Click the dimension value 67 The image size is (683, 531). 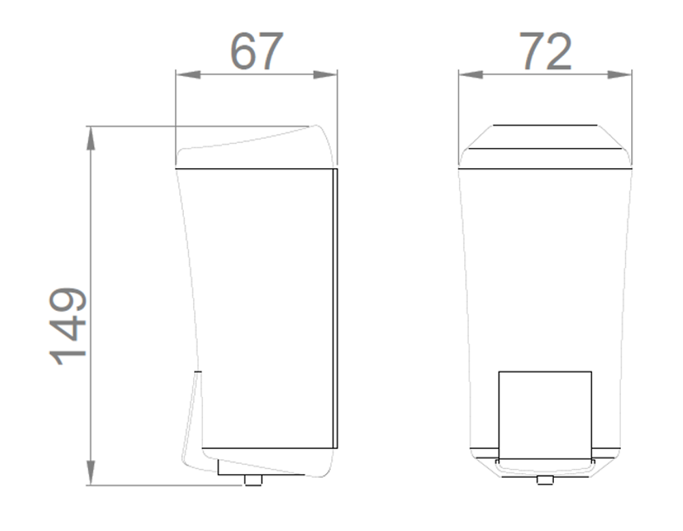click(x=257, y=51)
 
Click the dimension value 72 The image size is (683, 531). click(x=545, y=51)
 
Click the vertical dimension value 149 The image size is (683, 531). click(x=68, y=326)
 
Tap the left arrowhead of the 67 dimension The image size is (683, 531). click(x=189, y=74)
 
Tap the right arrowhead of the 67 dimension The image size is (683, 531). click(x=325, y=74)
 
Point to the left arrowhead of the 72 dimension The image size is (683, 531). click(x=471, y=74)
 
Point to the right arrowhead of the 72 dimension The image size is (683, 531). click(x=619, y=74)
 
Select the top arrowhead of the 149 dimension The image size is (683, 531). click(x=91, y=139)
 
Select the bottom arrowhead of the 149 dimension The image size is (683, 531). click(x=91, y=473)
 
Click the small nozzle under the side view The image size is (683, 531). click(x=253, y=480)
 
